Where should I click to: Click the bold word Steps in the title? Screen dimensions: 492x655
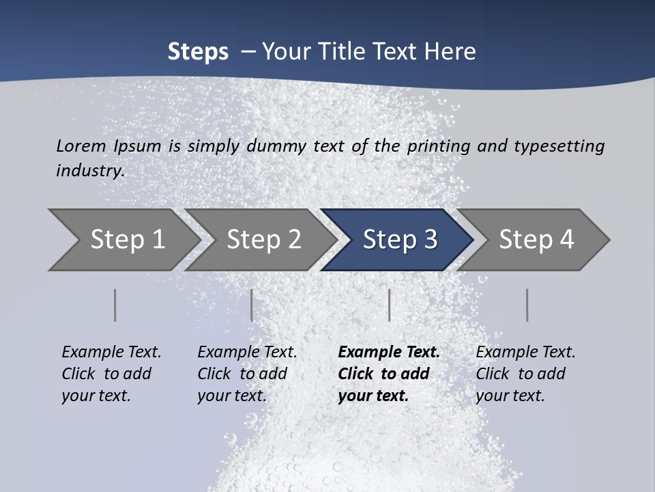198,52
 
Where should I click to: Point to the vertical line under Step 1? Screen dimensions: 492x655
115,305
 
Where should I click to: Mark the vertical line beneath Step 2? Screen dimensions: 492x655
252,305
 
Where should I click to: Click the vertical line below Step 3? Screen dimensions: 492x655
389,305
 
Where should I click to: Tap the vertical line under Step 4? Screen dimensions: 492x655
527,305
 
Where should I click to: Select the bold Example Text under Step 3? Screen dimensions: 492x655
389,353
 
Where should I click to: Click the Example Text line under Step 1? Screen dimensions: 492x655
111,353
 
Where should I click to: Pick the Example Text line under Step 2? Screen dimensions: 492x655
247,353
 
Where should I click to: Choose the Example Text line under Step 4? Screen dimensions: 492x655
525,353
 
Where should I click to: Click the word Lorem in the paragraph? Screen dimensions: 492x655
81,146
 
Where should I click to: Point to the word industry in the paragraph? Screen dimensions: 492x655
90,171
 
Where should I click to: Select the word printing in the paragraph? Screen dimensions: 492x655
438,146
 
